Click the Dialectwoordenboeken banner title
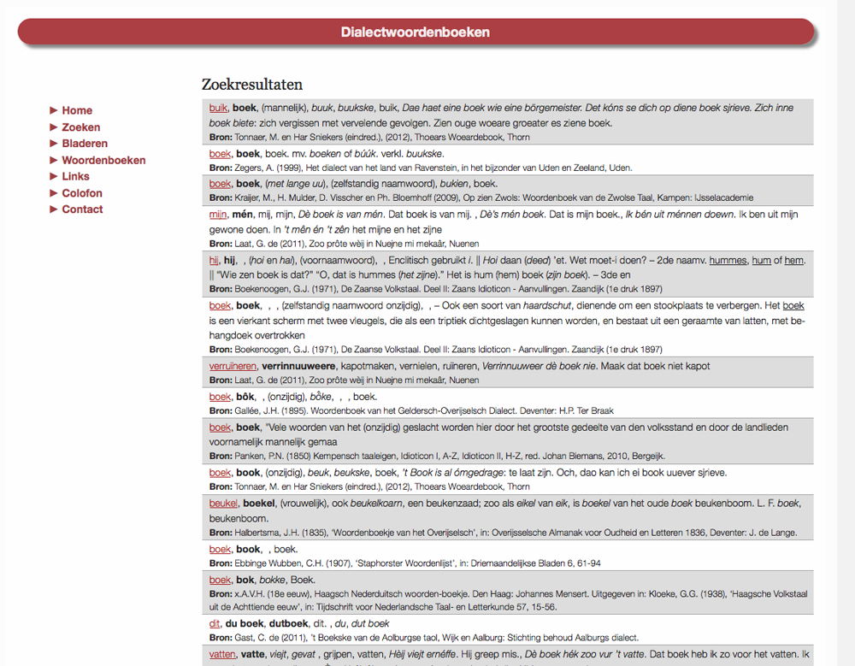tap(415, 32)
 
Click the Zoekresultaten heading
tap(251, 85)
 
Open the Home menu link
tap(77, 110)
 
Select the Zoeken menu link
tap(81, 127)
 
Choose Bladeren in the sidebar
tap(85, 144)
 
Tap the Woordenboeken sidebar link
tap(103, 160)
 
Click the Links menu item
tap(75, 176)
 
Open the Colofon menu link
tap(82, 193)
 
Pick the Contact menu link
tap(82, 209)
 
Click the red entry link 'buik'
tap(218, 108)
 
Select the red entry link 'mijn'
tap(218, 215)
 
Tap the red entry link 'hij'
tap(214, 260)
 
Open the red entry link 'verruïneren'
tap(233, 366)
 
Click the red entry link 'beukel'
tap(223, 504)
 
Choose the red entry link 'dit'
tap(215, 624)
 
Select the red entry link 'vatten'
tap(222, 655)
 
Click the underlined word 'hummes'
tap(728, 260)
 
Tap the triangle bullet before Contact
tap(54, 209)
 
